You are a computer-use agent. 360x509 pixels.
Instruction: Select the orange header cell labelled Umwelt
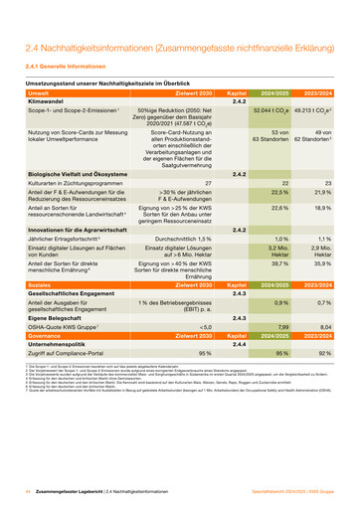point(40,92)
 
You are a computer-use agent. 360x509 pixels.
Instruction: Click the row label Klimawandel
point(50,101)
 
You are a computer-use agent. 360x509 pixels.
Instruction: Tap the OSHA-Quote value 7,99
point(281,327)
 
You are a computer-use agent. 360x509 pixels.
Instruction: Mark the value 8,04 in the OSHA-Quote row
point(324,327)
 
